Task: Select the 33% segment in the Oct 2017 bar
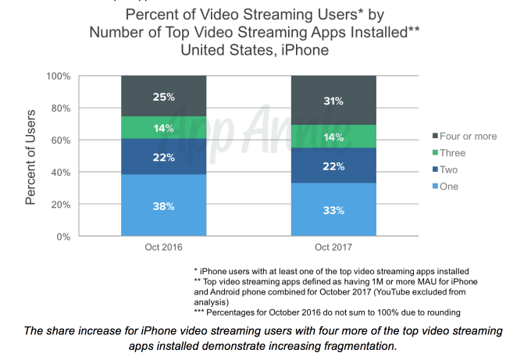point(333,209)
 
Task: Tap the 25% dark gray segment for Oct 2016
point(163,96)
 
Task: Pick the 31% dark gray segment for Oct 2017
point(333,100)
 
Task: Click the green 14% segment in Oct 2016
point(163,128)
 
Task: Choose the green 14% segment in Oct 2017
point(333,136)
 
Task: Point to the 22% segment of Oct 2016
point(163,157)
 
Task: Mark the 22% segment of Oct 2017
point(333,165)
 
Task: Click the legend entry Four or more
point(464,137)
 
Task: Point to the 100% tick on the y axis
point(59,77)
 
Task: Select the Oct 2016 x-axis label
point(163,248)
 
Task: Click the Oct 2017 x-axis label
point(333,248)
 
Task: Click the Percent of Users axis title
point(31,156)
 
